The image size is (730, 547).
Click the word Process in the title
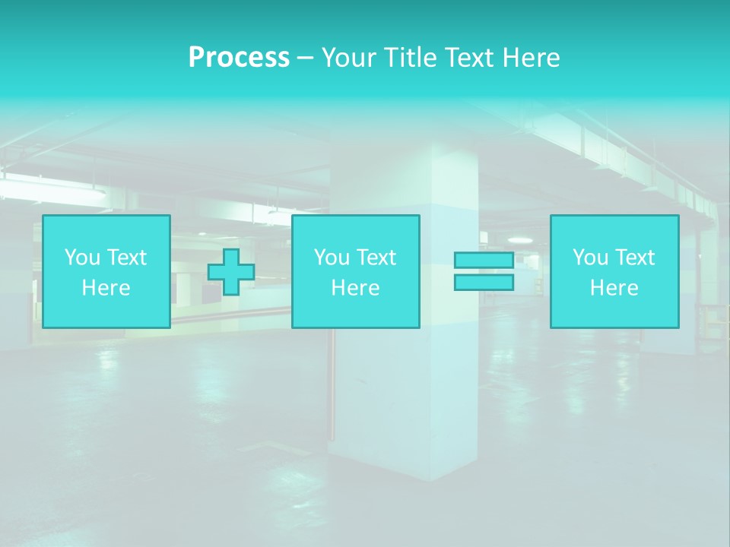239,58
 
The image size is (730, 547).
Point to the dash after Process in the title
305,58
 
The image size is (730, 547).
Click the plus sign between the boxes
231,272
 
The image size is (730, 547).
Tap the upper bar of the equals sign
484,260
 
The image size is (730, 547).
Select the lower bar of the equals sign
484,282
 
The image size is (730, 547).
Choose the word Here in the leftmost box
106,288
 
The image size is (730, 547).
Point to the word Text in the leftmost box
126,258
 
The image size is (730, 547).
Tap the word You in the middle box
332,258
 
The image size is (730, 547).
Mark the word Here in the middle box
355,288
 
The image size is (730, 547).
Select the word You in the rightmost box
591,258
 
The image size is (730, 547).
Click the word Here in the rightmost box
614,288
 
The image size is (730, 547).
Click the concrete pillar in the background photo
403,395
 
